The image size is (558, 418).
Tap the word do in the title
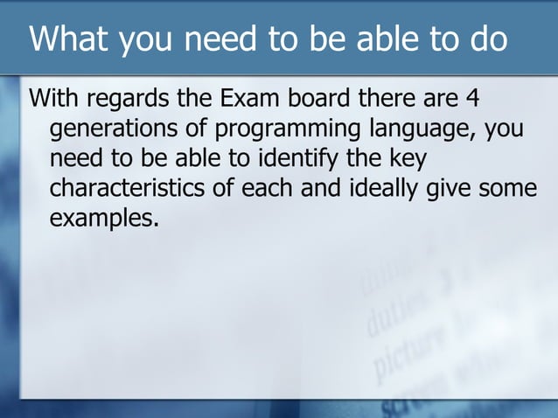point(486,39)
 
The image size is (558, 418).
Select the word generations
point(114,129)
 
